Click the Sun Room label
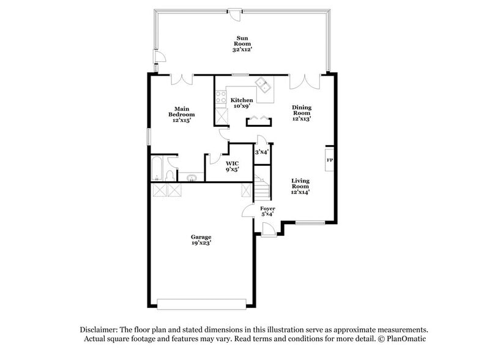[242, 43]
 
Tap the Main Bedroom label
[182, 115]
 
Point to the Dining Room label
[302, 113]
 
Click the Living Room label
[300, 186]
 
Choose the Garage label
[201, 239]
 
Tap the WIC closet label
[232, 166]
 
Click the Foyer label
[268, 211]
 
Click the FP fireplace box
[329, 160]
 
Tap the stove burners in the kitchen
[219, 96]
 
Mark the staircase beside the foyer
[262, 187]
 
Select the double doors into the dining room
[304, 81]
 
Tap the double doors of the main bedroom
[182, 80]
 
